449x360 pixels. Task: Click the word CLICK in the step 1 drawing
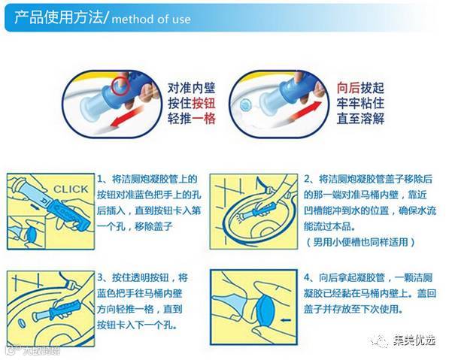[71, 189]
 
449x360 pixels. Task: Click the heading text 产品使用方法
[58, 17]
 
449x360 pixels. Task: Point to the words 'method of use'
[151, 20]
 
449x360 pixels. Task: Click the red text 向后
[348, 88]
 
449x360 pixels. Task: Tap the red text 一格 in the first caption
[204, 119]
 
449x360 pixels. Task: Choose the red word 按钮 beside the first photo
[204, 103]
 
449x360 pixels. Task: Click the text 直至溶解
[360, 119]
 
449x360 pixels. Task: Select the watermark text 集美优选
[414, 340]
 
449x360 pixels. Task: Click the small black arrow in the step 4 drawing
[287, 320]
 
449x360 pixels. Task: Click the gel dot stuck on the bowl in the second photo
[245, 106]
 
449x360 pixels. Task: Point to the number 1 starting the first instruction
[99, 180]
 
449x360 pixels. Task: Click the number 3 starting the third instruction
[100, 277]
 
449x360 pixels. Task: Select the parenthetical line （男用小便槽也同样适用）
[360, 242]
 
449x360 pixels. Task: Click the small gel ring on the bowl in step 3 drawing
[22, 323]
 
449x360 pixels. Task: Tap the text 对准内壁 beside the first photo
[191, 88]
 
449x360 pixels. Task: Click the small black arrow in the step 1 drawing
[34, 206]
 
